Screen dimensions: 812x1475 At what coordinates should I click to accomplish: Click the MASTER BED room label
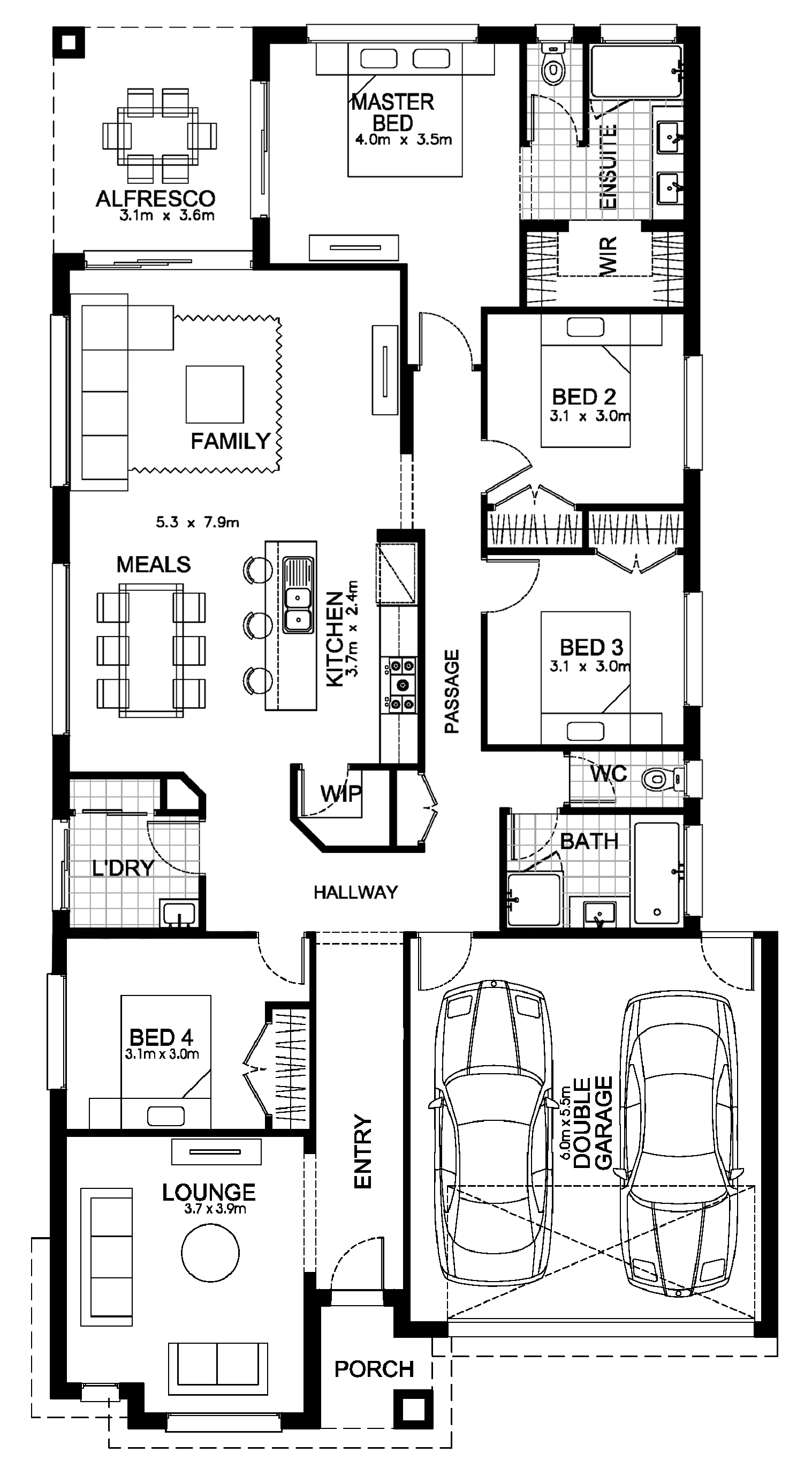(393, 112)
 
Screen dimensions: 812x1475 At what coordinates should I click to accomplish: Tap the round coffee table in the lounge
(210, 1252)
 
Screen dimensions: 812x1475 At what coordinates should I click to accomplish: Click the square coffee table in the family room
(215, 394)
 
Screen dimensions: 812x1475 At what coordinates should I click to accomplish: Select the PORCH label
(374, 1369)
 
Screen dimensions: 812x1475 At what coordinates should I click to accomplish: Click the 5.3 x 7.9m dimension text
(198, 522)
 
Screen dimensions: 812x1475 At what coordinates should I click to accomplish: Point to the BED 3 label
(591, 647)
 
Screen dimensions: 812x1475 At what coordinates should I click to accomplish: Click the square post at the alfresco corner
(69, 42)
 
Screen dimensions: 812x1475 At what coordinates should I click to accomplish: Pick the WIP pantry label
(341, 793)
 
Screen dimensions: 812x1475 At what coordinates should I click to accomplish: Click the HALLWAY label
(355, 892)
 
